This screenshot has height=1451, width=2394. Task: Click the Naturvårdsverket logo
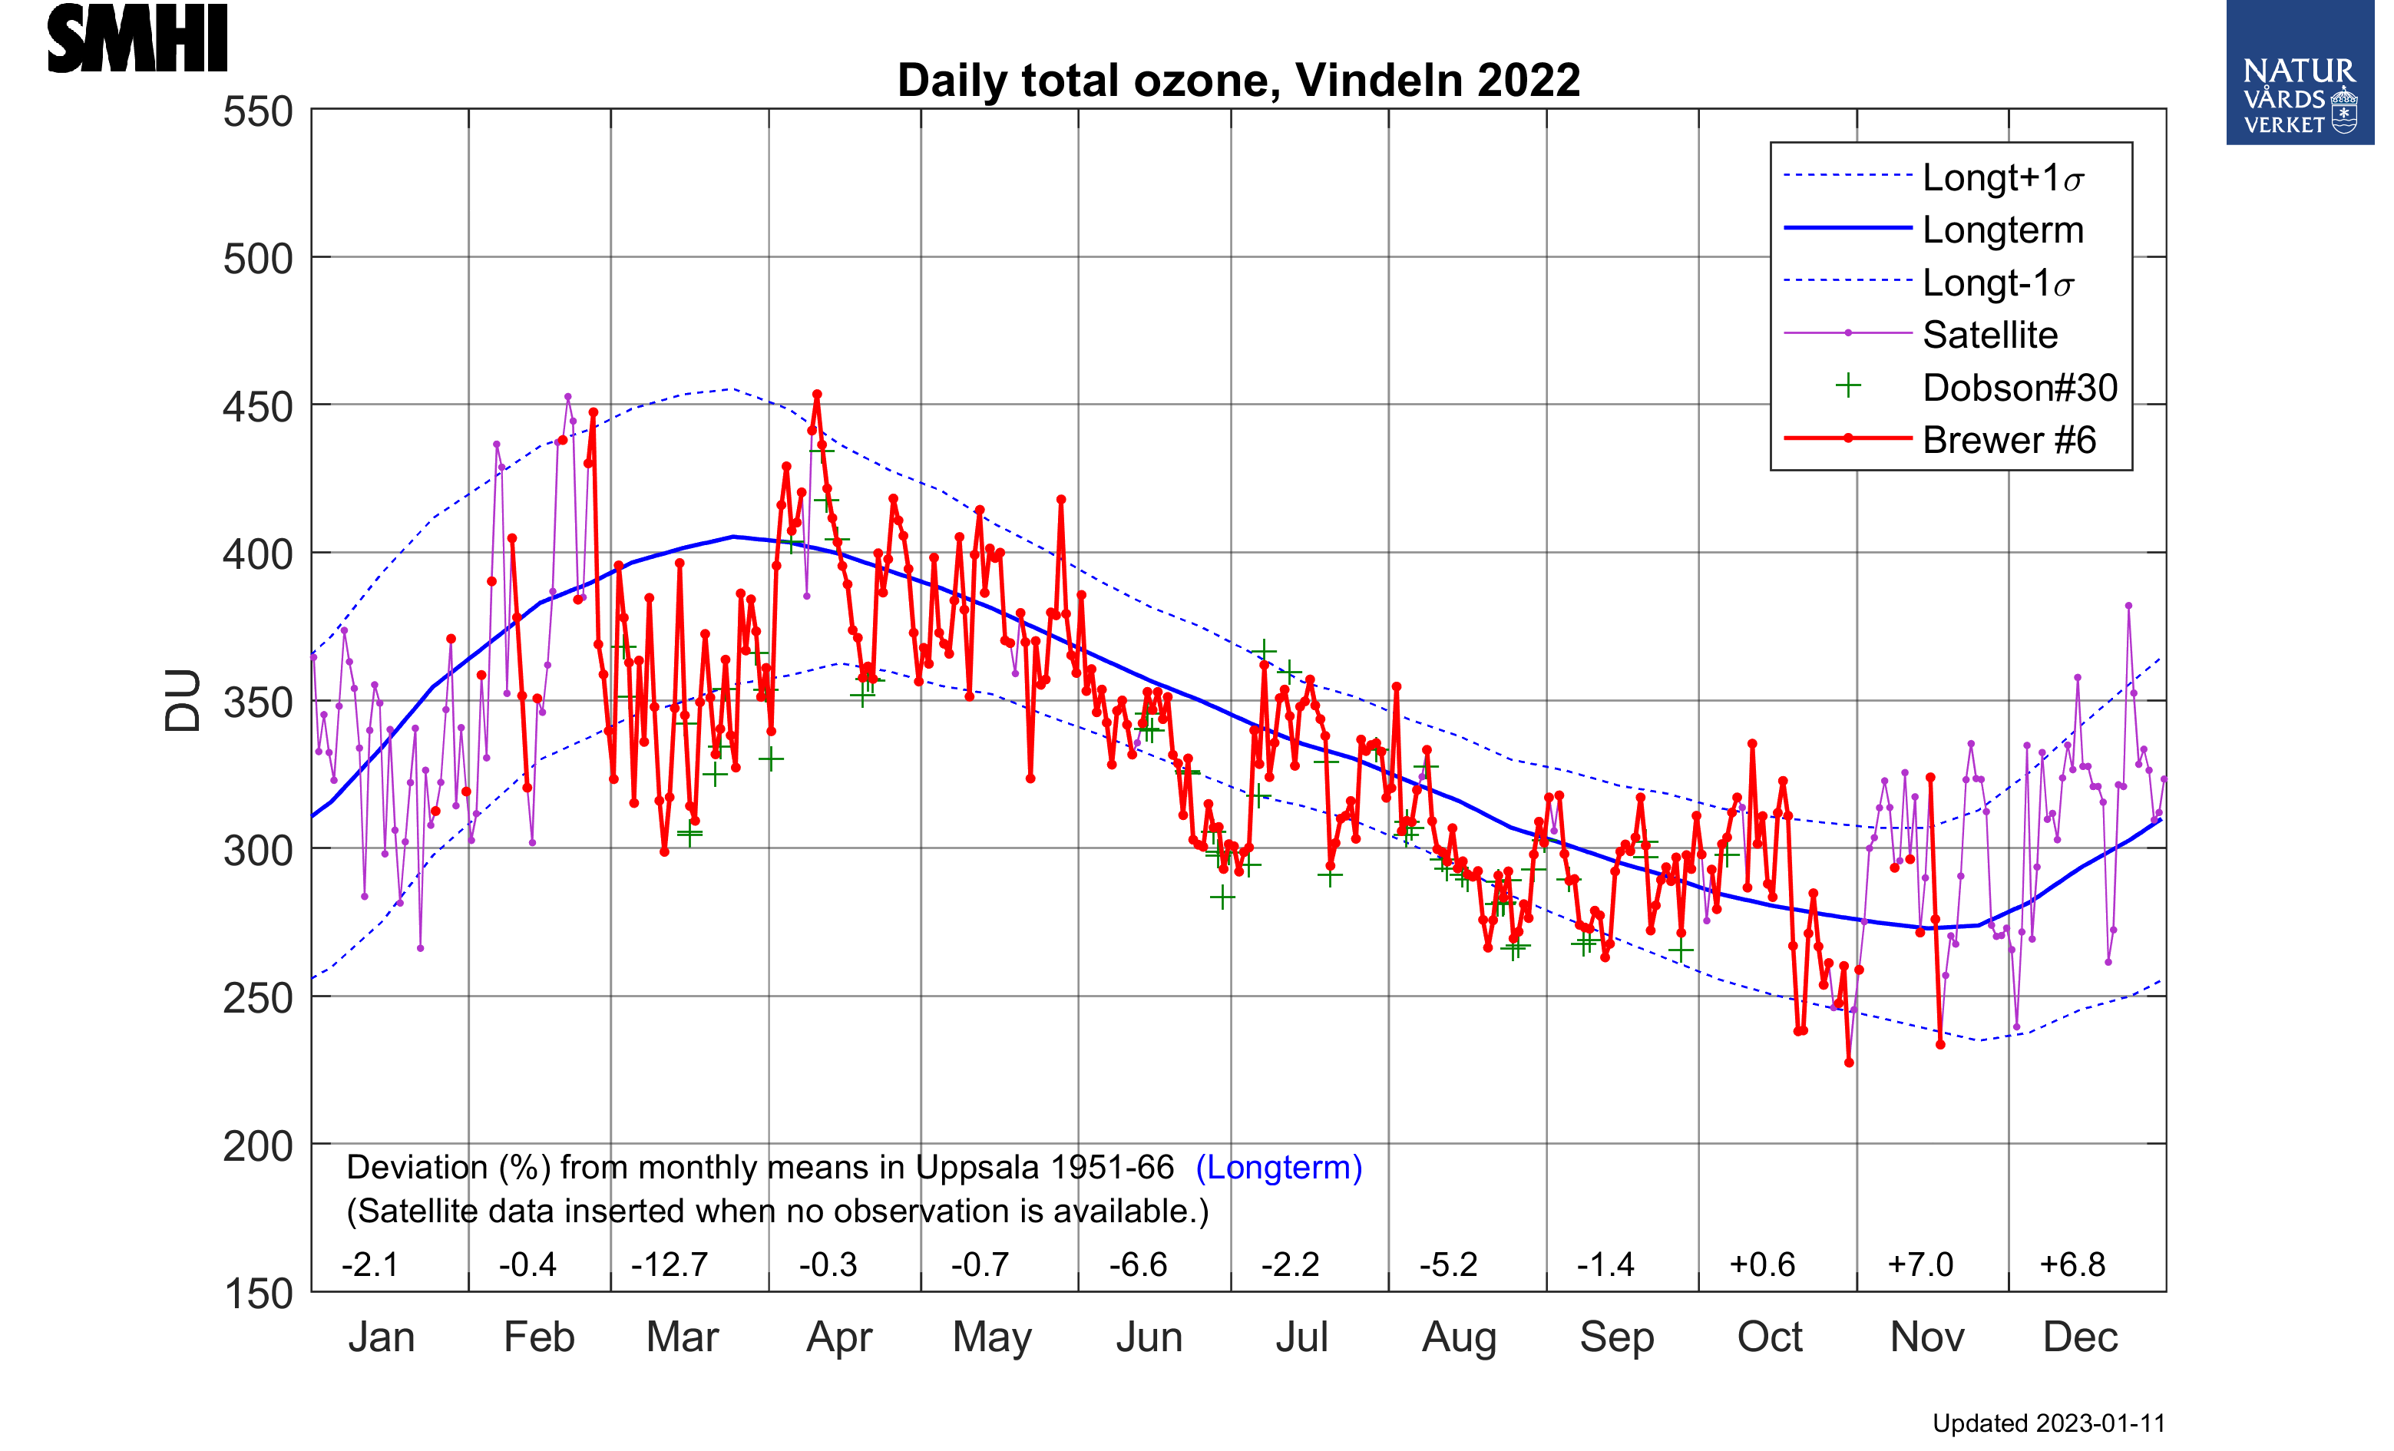pyautogui.click(x=2299, y=73)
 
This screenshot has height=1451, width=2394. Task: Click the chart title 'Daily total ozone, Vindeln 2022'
pyautogui.click(x=1238, y=81)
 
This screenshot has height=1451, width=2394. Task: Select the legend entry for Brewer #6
pyautogui.click(x=2009, y=440)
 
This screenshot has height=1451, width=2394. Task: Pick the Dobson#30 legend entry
pyautogui.click(x=2019, y=388)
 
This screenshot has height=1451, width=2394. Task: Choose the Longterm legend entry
pyautogui.click(x=2002, y=230)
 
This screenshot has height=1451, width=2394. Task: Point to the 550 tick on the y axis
pyautogui.click(x=257, y=111)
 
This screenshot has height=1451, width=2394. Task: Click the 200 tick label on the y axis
pyautogui.click(x=257, y=1146)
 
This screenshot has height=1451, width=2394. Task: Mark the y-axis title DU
pyautogui.click(x=183, y=700)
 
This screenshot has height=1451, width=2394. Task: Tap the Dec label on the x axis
pyautogui.click(x=2079, y=1337)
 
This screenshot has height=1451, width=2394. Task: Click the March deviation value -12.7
pyautogui.click(x=670, y=1264)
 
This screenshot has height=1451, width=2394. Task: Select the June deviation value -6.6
pyautogui.click(x=1138, y=1264)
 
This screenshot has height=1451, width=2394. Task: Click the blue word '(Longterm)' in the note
pyautogui.click(x=1278, y=1168)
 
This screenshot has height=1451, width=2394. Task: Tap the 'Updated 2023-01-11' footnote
pyautogui.click(x=2048, y=1424)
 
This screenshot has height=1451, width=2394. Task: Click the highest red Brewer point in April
pyautogui.click(x=817, y=395)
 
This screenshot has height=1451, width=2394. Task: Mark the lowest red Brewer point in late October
pyautogui.click(x=1849, y=1063)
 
